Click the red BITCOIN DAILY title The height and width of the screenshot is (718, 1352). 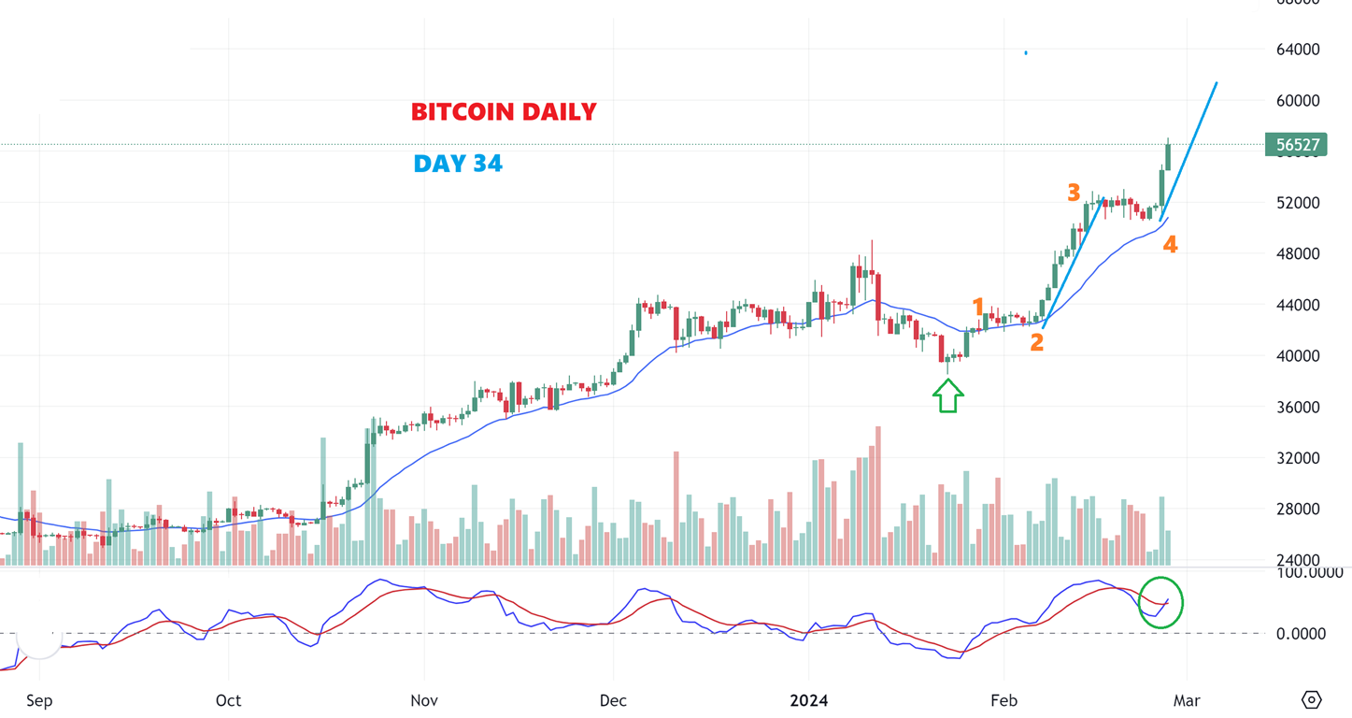tap(504, 112)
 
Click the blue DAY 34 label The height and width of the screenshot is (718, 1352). tap(458, 165)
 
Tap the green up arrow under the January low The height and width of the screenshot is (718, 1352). tap(948, 396)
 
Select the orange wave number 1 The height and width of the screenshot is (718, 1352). tap(978, 307)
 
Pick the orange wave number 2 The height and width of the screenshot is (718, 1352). tap(1036, 343)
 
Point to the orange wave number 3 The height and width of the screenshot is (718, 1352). tap(1074, 194)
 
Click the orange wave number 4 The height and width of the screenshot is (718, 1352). tap(1170, 245)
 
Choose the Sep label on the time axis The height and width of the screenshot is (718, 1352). tap(38, 700)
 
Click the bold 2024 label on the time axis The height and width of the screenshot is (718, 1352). tap(809, 700)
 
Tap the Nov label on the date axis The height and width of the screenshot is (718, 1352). tap(424, 700)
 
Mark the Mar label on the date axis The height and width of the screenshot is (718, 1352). tap(1187, 700)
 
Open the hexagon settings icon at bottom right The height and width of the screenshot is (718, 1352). tap(1312, 699)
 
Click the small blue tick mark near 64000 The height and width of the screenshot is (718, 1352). tap(1026, 52)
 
